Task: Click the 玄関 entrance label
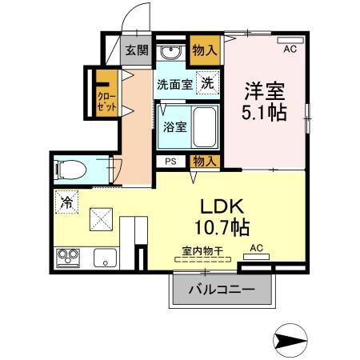(136, 50)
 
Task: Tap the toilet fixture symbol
(71, 169)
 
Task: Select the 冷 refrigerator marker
(66, 202)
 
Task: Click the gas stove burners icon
(66, 258)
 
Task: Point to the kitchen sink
(105, 258)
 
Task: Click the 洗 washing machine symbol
(207, 82)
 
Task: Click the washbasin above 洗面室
(170, 53)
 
